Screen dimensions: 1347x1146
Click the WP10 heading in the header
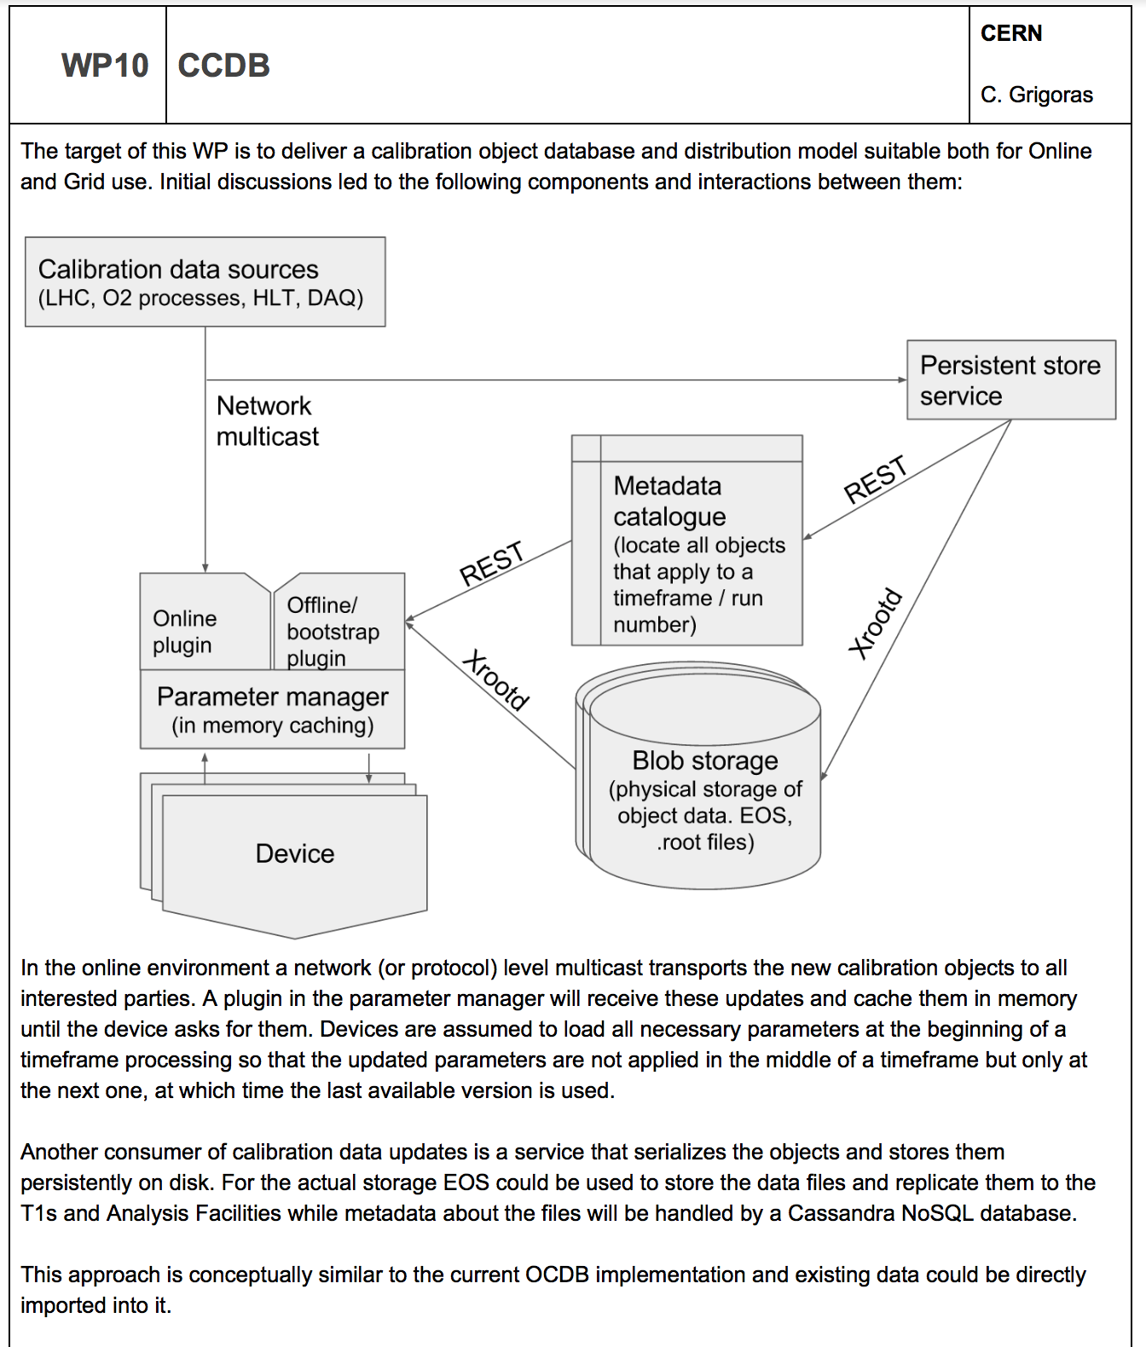[105, 66]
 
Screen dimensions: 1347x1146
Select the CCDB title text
[223, 66]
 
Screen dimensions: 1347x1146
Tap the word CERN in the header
[1011, 33]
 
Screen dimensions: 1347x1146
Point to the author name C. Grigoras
[1036, 95]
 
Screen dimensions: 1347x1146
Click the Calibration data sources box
[205, 282]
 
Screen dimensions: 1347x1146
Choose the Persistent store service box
[1010, 380]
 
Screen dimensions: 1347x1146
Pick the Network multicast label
[267, 421]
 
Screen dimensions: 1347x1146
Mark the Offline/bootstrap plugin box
[338, 631]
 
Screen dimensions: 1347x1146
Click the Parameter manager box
[272, 709]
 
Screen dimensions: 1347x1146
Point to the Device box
[295, 853]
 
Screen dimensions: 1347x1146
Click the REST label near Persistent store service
[875, 480]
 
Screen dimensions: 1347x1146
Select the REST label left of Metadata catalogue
[491, 564]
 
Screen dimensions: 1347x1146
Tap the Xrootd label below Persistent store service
[875, 623]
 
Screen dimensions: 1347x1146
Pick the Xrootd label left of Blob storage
[496, 679]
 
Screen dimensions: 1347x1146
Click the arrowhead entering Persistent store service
[902, 380]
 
